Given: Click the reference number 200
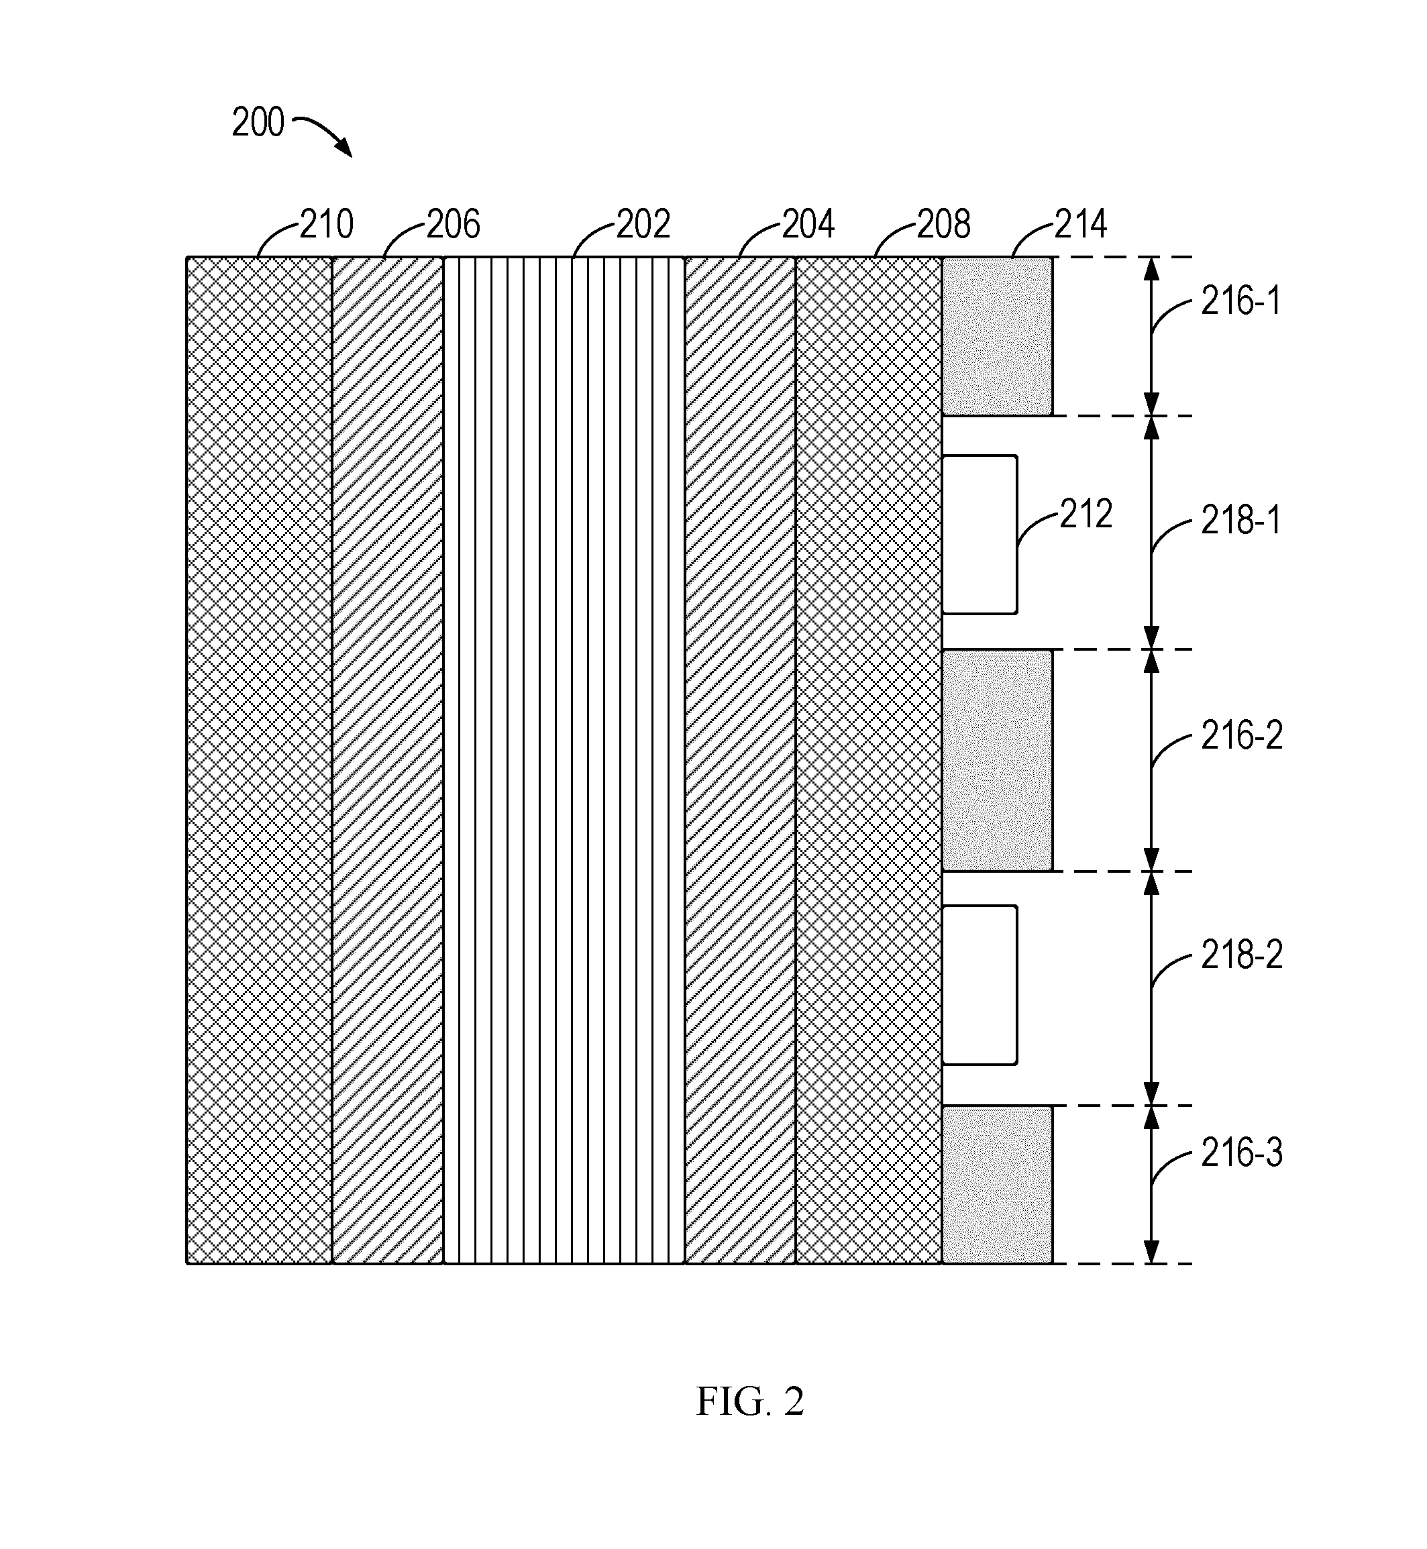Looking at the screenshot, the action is (x=258, y=123).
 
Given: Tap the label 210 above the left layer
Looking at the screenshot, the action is (x=327, y=224).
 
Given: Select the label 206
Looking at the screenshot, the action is (x=454, y=224).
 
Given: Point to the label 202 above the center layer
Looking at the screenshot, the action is (x=643, y=224).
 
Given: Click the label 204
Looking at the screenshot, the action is (x=808, y=224).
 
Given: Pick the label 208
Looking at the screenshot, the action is (x=943, y=224).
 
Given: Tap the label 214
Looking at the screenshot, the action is (x=1081, y=224).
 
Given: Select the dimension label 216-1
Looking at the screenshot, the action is (x=1241, y=301).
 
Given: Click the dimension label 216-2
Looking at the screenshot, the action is (x=1242, y=735).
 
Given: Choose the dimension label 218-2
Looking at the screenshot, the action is (x=1242, y=955).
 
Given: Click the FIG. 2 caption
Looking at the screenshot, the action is (x=750, y=1401).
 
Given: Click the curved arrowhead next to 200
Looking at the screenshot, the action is (x=343, y=148).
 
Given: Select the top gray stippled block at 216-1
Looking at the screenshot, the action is (x=997, y=336).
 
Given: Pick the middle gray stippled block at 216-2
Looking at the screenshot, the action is (x=997, y=760).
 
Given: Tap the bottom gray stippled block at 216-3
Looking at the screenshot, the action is (x=997, y=1184).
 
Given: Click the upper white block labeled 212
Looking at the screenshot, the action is (x=979, y=535).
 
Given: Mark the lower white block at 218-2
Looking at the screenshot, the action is (x=979, y=985).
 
